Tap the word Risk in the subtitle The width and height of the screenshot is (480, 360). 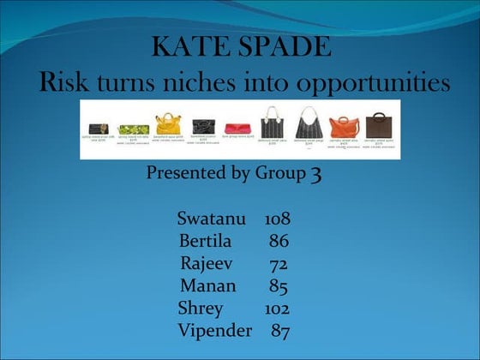click(66, 83)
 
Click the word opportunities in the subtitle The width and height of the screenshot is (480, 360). click(377, 85)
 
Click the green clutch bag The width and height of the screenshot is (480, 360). click(133, 129)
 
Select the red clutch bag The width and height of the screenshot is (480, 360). click(237, 129)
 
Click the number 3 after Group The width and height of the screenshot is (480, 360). click(315, 175)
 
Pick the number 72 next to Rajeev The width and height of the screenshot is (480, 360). click(278, 264)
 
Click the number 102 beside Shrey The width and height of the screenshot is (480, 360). click(276, 309)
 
